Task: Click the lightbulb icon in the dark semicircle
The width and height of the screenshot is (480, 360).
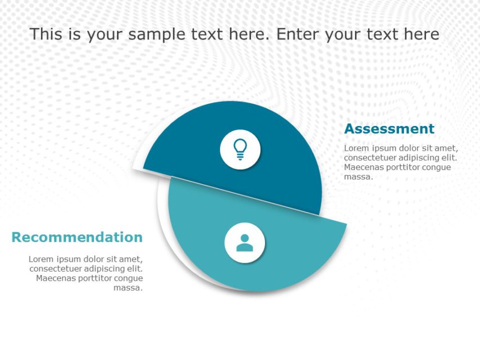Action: coord(240,149)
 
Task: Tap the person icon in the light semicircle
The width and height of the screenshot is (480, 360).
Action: coord(244,243)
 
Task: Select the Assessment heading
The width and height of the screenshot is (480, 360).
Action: coord(389,129)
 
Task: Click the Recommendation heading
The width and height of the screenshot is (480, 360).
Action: coord(77,237)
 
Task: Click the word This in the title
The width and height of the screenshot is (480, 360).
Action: coord(47,34)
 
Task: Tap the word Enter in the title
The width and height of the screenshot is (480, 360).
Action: coord(297,34)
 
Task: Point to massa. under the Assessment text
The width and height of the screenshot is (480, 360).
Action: coord(358,177)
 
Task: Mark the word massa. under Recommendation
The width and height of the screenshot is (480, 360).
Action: coord(128,287)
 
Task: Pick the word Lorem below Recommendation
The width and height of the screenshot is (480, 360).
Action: coord(41,259)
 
